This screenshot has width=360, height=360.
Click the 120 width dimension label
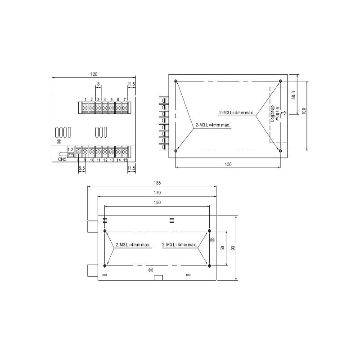tap(94, 74)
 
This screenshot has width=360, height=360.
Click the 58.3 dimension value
tap(293, 95)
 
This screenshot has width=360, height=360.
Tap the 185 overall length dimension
tap(157, 183)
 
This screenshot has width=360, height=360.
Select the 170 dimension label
tap(157, 193)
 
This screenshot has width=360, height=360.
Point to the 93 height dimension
tap(233, 248)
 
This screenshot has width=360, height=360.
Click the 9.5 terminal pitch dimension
tap(82, 168)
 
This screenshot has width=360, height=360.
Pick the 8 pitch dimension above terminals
tap(99, 84)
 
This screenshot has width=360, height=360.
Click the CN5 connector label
tap(62, 159)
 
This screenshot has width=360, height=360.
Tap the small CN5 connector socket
tap(71, 155)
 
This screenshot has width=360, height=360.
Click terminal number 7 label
tap(125, 99)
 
